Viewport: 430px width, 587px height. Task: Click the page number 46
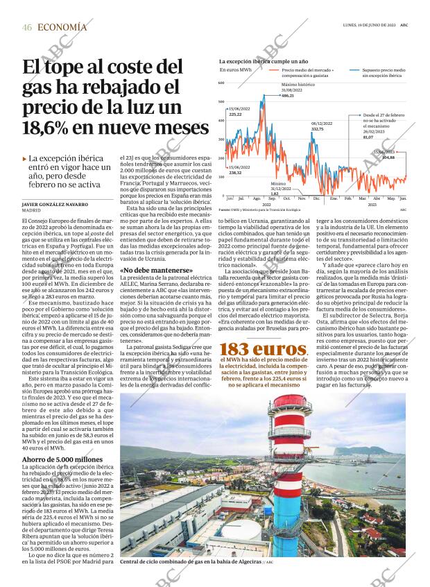coord(27,27)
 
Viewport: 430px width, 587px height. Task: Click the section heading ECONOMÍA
coord(62,27)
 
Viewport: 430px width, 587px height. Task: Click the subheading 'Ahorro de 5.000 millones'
coord(62,459)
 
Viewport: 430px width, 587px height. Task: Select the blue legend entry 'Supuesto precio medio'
coord(378,70)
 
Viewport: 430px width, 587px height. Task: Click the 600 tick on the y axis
coord(222,83)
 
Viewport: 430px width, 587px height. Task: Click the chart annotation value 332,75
coord(317,129)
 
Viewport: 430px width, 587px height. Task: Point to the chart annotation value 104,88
coord(388,158)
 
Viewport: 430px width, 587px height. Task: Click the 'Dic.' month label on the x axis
coord(316,198)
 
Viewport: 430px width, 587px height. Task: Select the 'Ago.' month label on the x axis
coord(257,198)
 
